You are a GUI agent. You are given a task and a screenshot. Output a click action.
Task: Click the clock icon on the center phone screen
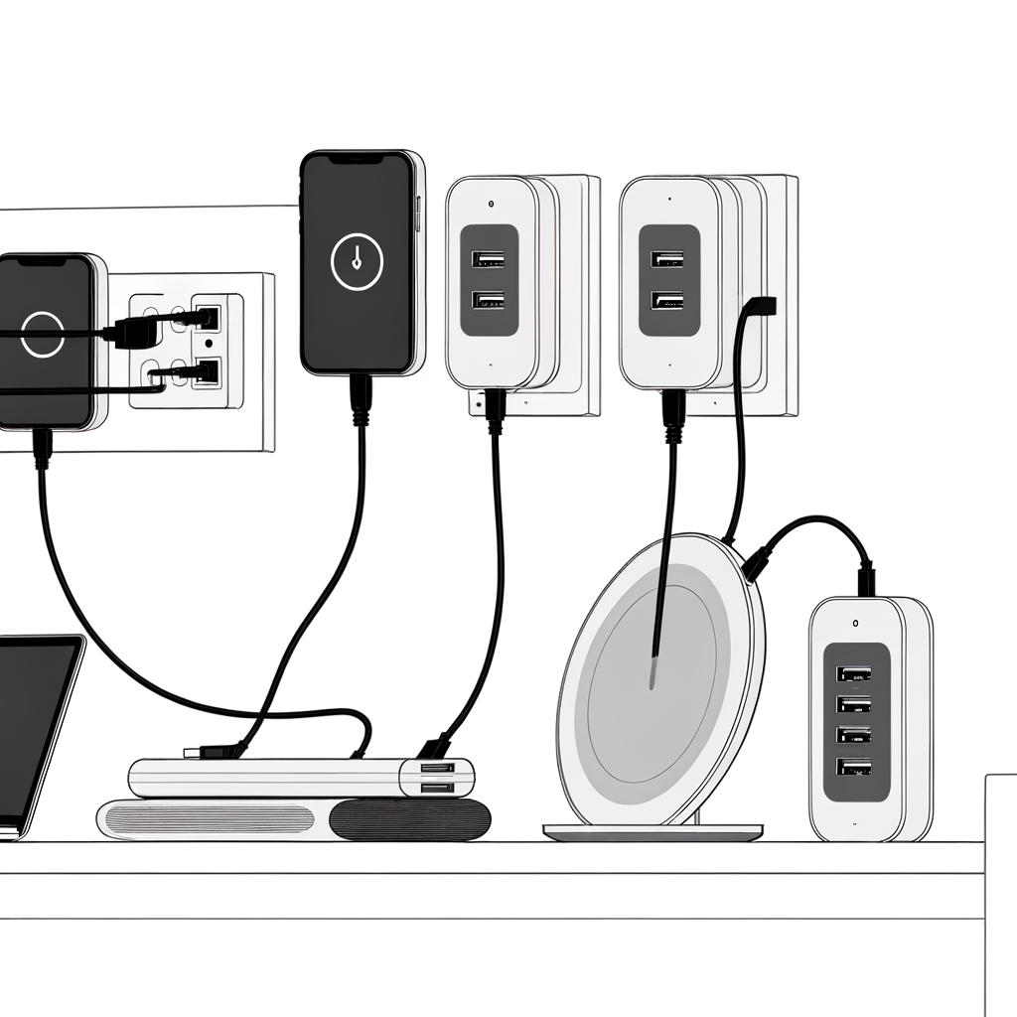tap(357, 262)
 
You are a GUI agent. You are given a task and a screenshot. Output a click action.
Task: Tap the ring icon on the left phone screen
tap(42, 334)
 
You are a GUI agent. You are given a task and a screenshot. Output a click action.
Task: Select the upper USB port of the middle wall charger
tap(488, 260)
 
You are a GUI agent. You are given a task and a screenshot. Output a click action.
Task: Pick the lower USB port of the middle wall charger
tap(488, 299)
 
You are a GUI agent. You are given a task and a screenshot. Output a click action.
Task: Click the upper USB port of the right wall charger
tap(667, 259)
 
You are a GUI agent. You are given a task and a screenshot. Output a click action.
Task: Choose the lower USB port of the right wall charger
tap(667, 299)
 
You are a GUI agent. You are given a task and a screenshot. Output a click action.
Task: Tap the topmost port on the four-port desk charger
tap(854, 673)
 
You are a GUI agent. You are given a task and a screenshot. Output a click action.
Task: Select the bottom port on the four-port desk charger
tap(854, 767)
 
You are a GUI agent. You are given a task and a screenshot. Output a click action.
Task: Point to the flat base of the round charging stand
tap(653, 832)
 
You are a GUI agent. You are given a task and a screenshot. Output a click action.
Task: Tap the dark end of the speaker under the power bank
tap(409, 820)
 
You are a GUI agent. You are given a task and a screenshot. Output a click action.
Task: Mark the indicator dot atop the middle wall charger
tap(492, 204)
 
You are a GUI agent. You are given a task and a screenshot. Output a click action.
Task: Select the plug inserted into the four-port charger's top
tap(866, 578)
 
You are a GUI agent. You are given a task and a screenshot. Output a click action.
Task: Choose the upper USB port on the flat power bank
tap(438, 768)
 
